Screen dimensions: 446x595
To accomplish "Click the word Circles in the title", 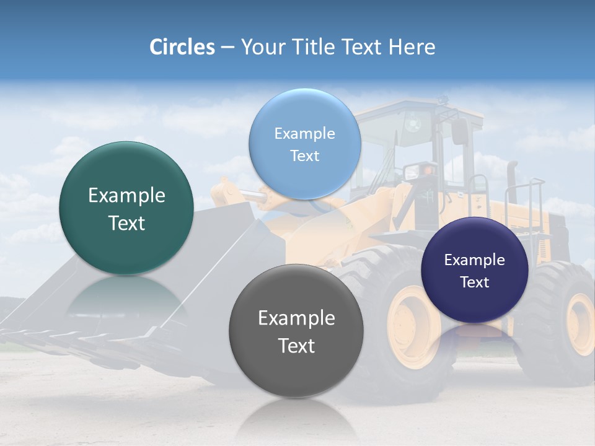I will [182, 47].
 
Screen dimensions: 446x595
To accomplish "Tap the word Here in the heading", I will [412, 47].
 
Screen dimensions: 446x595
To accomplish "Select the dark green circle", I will [126, 208].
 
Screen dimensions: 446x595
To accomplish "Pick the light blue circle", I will [304, 144].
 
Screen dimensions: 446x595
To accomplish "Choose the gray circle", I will [296, 331].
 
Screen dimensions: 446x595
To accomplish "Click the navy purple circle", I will [474, 270].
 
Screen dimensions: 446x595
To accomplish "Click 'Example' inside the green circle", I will [126, 196].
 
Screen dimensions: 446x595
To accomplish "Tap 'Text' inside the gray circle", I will [296, 346].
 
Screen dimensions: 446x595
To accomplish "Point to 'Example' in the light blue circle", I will [304, 133].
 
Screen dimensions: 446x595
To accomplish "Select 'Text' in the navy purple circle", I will [475, 282].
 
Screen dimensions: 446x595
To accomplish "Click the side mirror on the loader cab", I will [459, 131].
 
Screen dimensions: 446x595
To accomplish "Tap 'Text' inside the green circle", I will [126, 223].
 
